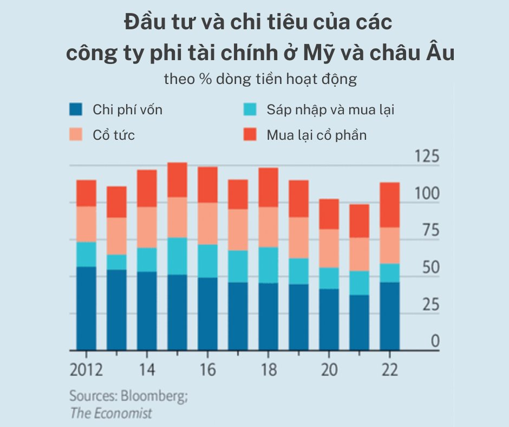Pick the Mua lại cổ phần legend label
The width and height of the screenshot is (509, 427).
[x=316, y=135]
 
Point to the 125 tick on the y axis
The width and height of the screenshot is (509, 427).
[x=426, y=158]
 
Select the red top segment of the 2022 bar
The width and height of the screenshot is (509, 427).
[x=389, y=205]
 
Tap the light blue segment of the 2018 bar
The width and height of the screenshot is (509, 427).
[x=268, y=265]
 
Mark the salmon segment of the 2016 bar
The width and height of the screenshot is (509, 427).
[x=207, y=223]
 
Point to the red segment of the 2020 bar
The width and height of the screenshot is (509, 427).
[x=329, y=214]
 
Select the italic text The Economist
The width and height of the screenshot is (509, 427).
[x=111, y=413]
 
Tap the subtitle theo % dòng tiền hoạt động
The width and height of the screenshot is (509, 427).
[x=260, y=79]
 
